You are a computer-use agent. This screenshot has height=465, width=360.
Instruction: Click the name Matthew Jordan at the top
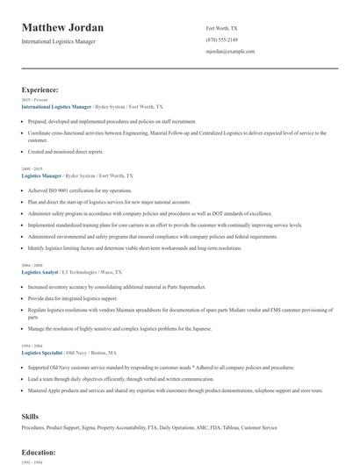coord(62,28)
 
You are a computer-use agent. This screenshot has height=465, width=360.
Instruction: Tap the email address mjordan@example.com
coord(230,52)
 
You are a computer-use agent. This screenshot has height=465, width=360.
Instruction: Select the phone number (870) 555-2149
coord(221,40)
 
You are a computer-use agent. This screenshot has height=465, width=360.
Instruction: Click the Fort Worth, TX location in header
coord(221,28)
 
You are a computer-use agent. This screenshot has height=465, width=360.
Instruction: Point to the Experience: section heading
coord(40,89)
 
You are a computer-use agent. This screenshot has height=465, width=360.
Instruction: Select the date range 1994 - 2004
coord(31,345)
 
